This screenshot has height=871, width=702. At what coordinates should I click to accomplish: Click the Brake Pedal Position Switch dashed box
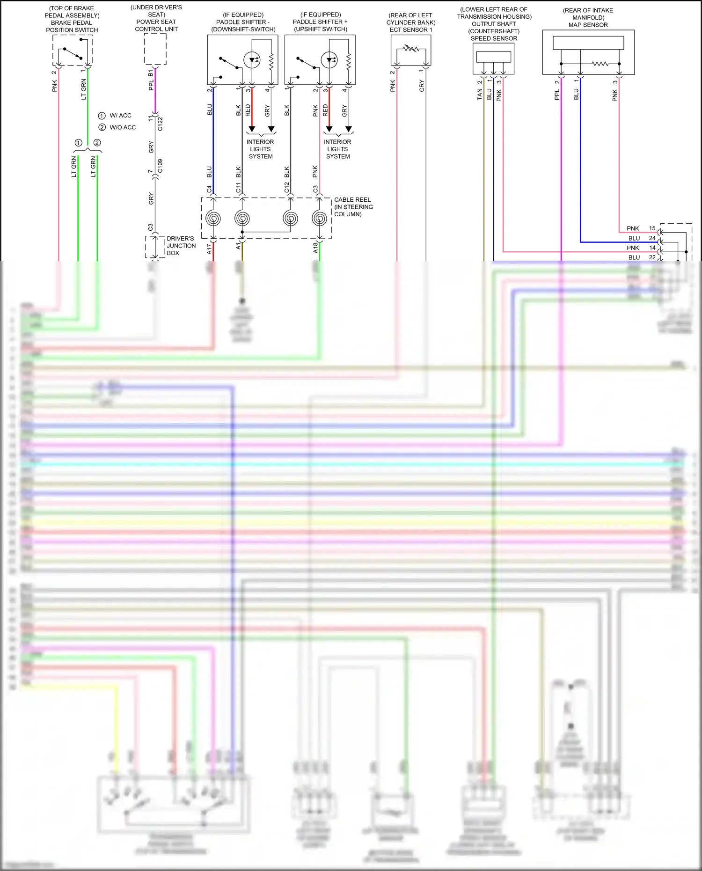coord(73,50)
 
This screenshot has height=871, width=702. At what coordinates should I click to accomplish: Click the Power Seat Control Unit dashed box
coord(155,49)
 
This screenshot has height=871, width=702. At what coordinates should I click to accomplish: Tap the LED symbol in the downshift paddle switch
coord(252,60)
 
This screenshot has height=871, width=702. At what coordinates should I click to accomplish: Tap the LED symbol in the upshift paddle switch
coord(329,60)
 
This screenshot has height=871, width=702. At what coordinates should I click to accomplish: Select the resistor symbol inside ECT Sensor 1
coord(411,49)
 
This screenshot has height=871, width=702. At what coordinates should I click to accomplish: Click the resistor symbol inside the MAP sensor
coord(600,64)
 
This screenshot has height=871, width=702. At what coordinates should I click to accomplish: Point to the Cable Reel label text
coord(353,207)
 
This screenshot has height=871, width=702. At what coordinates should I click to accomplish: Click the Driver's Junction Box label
coord(181,246)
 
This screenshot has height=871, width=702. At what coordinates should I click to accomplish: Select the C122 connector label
coord(160,124)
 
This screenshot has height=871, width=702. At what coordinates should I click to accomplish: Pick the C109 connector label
coord(160,166)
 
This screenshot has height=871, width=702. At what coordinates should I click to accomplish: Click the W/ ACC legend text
coord(120,116)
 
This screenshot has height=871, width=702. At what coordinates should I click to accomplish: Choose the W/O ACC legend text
coord(123,127)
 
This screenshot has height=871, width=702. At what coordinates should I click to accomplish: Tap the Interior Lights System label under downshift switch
coord(260,149)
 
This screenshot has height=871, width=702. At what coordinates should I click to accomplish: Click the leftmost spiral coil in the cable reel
coord(213,218)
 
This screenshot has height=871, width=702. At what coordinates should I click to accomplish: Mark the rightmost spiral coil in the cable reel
coord(320,218)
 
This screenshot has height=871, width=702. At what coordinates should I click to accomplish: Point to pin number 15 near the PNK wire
coord(652,228)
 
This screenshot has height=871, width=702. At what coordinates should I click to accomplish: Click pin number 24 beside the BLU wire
coord(652,238)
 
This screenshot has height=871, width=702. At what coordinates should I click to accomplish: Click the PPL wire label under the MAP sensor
coord(557,95)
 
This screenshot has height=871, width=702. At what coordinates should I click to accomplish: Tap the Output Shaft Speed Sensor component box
coord(493,59)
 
